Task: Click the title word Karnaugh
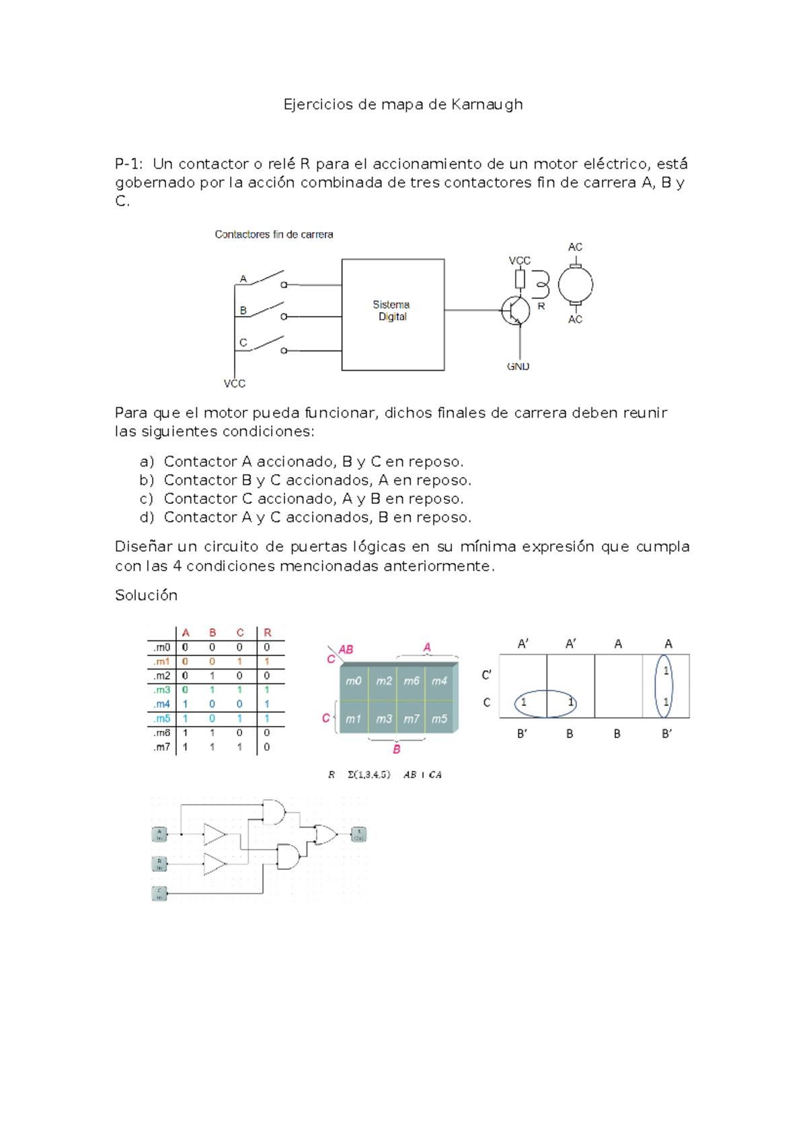point(487,104)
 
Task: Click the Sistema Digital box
point(393,314)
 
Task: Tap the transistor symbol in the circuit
point(515,311)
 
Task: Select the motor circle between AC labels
point(576,285)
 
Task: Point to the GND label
point(518,367)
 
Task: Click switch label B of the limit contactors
point(243,311)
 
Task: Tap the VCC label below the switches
point(235,383)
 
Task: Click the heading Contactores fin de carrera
point(274,235)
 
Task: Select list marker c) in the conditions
point(147,499)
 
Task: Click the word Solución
point(146,595)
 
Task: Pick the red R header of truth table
point(268,633)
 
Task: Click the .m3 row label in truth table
point(161,690)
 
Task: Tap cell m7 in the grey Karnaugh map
point(411,719)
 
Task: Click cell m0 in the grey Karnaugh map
point(354,681)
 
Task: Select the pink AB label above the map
point(346,650)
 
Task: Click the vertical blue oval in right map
point(664,686)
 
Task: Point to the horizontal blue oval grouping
point(546,703)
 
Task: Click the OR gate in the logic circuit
point(326,835)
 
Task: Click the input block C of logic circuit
point(159,894)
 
